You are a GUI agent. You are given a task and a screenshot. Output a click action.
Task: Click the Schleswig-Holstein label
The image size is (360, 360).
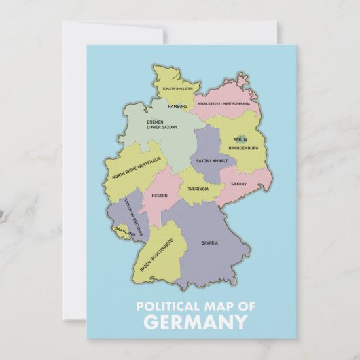coord(177,88)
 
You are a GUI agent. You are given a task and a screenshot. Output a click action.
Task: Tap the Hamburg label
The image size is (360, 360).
coord(177,107)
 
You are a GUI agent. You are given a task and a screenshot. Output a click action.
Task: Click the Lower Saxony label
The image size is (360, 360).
coord(162,127)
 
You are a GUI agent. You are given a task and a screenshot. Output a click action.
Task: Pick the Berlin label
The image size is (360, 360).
coord(240,140)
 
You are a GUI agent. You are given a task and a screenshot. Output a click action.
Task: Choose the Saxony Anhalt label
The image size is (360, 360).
coord(211,161)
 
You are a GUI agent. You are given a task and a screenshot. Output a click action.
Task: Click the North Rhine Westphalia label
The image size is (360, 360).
coord(137,173)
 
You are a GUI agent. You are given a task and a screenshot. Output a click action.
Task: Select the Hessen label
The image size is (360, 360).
coord(160,196)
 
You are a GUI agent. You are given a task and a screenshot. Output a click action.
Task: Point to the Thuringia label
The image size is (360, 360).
coord(198,189)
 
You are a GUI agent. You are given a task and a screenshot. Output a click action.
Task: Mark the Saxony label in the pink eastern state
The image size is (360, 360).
coord(238,184)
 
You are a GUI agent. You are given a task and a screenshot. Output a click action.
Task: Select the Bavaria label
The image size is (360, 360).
coord(210,242)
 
